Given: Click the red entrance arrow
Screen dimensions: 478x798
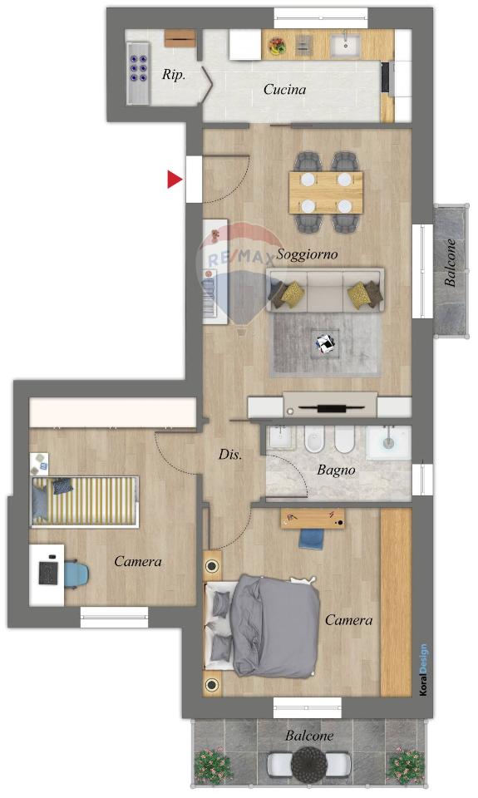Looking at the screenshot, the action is coord(174,180).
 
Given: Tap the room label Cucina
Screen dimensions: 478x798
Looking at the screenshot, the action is coord(284,90).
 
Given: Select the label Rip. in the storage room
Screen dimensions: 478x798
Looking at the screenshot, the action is coord(174,75).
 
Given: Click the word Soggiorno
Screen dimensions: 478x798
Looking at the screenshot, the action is coord(307,254).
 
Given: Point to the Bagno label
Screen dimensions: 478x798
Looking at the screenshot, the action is coord(336,470).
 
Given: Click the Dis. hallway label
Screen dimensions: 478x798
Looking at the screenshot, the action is coord(230,454).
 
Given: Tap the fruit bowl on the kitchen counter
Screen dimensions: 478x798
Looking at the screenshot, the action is coord(277,45).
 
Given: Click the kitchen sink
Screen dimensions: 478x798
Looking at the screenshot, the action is coord(346,45).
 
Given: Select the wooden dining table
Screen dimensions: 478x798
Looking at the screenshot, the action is coord(326,192).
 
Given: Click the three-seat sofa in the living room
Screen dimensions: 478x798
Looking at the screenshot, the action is coord(325,290).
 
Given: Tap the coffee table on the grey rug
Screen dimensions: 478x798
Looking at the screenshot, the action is coord(326,343).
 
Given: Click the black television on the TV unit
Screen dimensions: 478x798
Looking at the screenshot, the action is coord(331,407).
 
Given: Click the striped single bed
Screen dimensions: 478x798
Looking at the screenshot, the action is coord(85,501).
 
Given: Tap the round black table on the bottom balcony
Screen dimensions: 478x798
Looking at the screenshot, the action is coord(309,763).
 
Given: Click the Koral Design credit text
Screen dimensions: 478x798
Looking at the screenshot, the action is coord(423,670).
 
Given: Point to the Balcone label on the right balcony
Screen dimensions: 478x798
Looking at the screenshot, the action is coord(450,263).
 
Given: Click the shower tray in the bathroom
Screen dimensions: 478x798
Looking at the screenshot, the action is coord(389,442).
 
